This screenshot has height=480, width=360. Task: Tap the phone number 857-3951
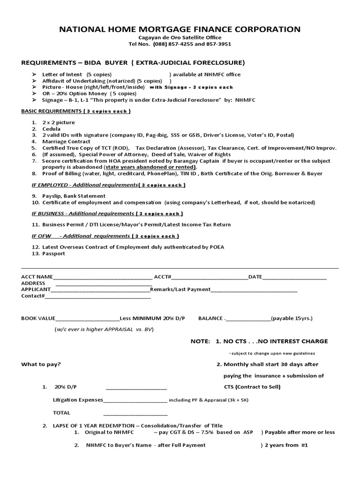pos(218,44)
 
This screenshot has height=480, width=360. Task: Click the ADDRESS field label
pos(33,283)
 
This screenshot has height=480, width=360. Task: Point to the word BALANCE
pos(210,318)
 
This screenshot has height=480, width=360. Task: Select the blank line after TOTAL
pos(135,413)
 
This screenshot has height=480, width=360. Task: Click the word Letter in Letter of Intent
pos(50,75)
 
